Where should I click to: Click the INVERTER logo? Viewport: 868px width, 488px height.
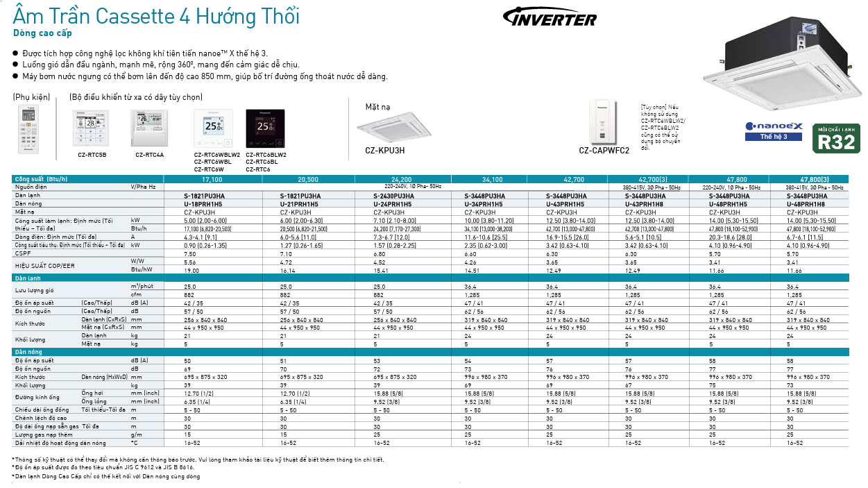tap(549, 18)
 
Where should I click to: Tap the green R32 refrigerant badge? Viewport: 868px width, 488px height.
tap(838, 139)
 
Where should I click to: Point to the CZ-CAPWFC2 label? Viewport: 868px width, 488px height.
tap(604, 150)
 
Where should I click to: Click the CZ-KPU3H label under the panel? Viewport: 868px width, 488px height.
tap(384, 150)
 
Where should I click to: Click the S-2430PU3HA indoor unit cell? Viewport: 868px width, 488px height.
tap(393, 196)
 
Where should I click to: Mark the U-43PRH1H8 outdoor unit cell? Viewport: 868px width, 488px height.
tap(645, 204)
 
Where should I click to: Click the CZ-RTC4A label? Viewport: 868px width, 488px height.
tap(149, 155)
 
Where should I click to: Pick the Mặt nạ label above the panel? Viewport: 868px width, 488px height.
tap(379, 107)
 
